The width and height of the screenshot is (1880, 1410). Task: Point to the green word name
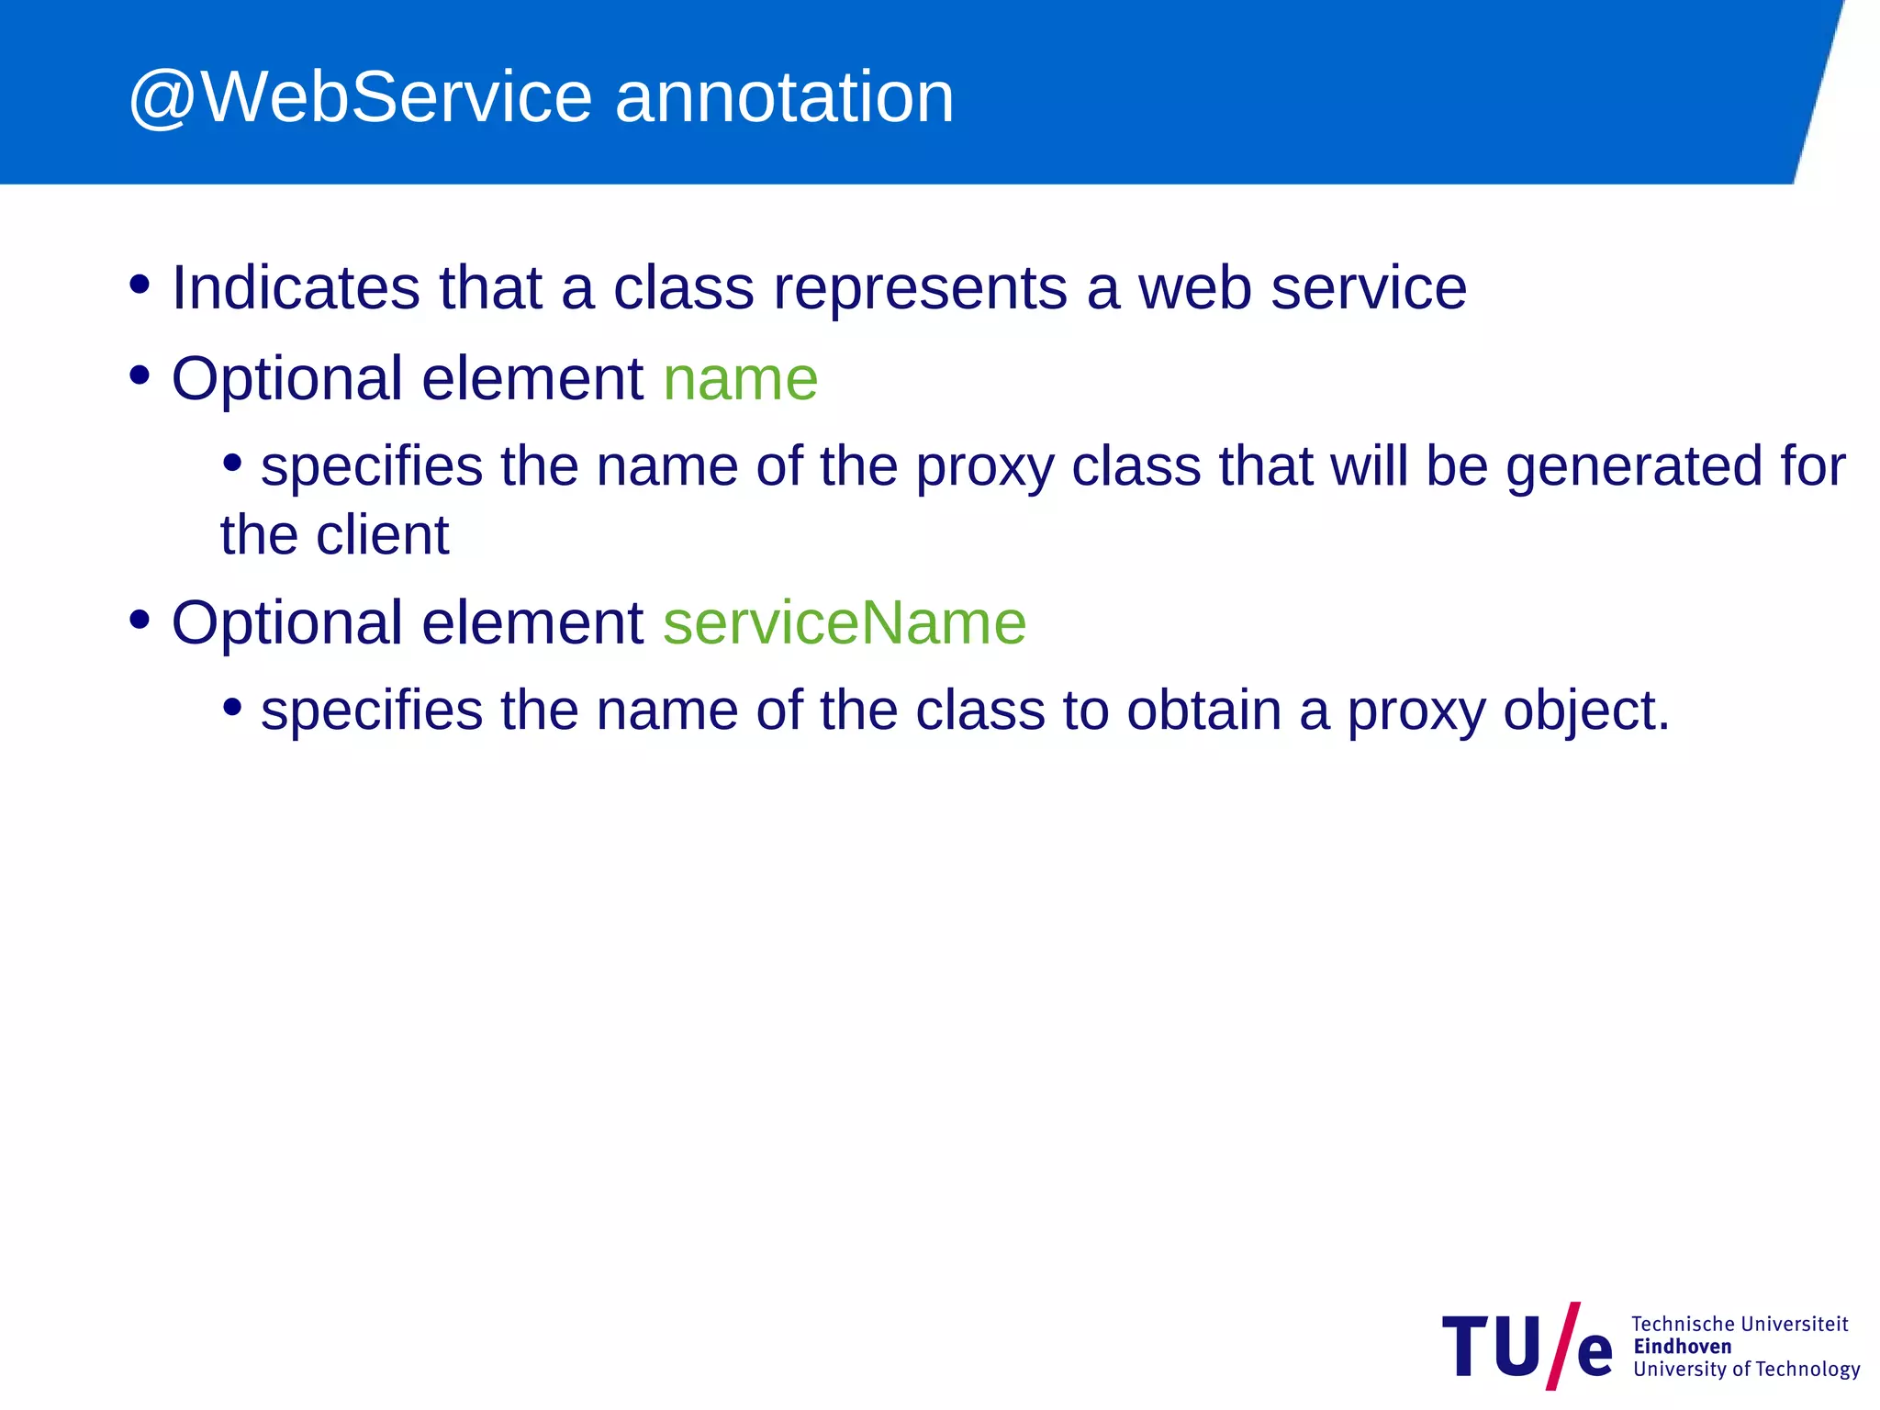(740, 380)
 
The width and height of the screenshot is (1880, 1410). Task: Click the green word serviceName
(845, 623)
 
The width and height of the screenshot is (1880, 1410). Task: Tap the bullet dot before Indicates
(140, 285)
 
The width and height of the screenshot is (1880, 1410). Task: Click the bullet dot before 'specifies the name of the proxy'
(233, 464)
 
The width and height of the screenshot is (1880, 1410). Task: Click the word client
(383, 535)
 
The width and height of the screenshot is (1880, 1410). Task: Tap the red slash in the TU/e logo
(1562, 1346)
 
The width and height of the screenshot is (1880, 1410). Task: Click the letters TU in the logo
(1492, 1347)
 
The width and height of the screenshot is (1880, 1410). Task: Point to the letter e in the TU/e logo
(1595, 1354)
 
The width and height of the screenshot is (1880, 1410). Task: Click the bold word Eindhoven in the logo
(1682, 1347)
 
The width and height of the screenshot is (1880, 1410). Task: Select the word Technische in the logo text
(1683, 1324)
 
